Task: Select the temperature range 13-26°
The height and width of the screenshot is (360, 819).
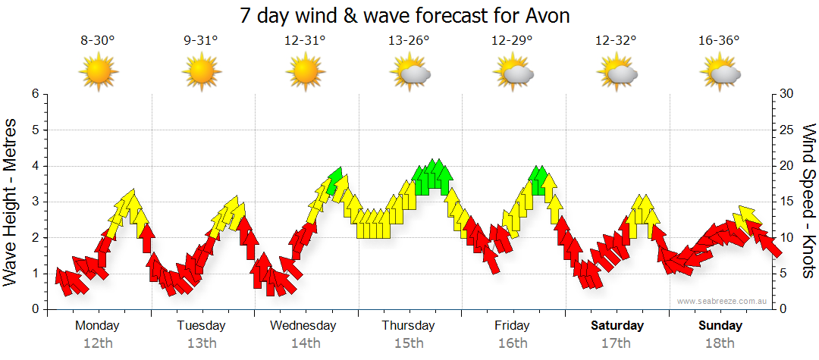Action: (x=409, y=41)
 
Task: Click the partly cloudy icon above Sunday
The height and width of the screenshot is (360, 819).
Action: (x=720, y=74)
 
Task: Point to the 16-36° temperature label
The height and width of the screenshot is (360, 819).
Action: (x=719, y=41)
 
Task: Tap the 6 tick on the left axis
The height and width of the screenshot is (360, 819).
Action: (x=34, y=94)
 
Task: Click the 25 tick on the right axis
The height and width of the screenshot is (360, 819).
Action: (x=786, y=130)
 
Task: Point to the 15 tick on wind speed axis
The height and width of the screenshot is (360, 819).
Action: (x=786, y=202)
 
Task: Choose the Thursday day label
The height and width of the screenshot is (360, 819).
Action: (x=409, y=326)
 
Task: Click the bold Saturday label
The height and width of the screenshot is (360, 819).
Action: (x=617, y=326)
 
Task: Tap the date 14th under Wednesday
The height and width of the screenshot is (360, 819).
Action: (x=305, y=343)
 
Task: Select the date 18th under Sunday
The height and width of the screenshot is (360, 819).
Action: (x=720, y=343)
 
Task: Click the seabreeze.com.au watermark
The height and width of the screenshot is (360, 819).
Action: (x=723, y=301)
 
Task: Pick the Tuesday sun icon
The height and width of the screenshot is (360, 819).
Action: (x=202, y=73)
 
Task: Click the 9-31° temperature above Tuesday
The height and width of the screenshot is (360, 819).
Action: (x=201, y=41)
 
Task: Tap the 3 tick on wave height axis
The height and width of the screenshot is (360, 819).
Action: (x=34, y=202)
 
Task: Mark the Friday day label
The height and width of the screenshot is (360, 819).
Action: (x=513, y=326)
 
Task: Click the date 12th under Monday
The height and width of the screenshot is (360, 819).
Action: (x=98, y=343)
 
